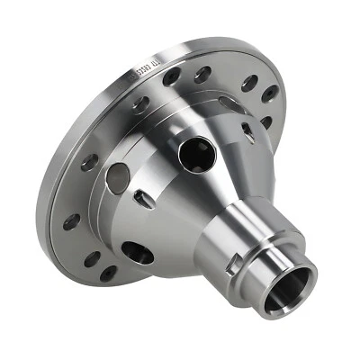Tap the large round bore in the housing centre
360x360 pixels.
click(196, 156)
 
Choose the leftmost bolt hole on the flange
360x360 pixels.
click(71, 220)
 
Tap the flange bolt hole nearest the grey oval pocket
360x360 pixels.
click(88, 163)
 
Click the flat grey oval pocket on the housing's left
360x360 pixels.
click(117, 176)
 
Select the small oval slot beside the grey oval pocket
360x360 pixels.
click(143, 199)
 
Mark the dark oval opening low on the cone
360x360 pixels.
click(138, 253)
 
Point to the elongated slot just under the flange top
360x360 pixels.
click(229, 103)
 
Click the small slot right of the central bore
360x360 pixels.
click(247, 133)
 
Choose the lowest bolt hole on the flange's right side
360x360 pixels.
click(265, 120)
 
